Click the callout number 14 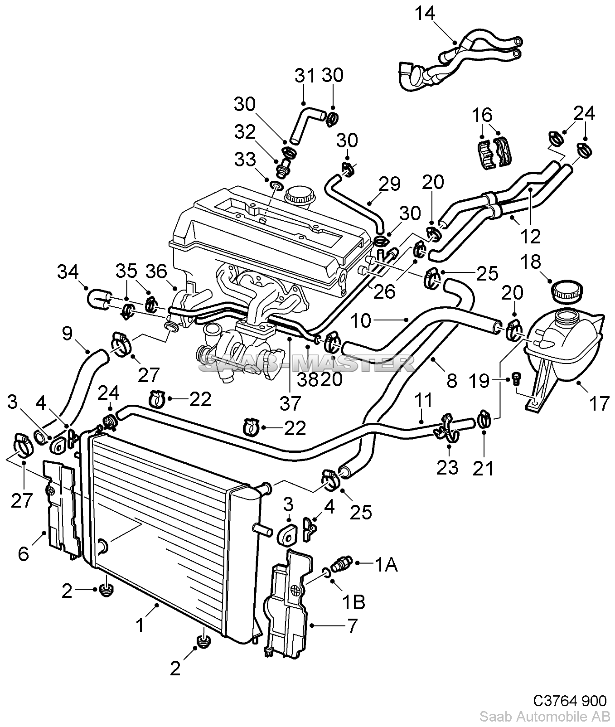(426, 14)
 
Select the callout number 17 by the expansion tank (599, 402)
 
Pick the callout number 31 (305, 75)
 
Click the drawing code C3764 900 (569, 701)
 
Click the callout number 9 (67, 334)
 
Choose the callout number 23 (447, 467)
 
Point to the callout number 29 (390, 184)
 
